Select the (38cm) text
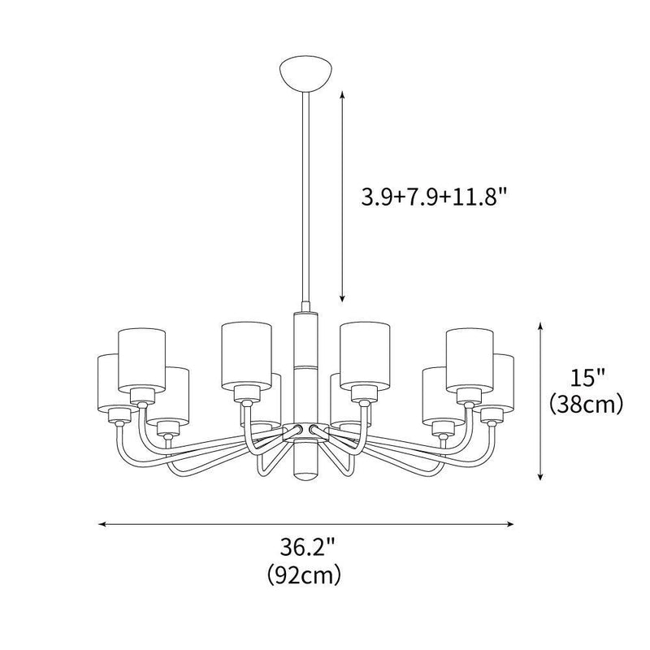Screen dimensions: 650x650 587,403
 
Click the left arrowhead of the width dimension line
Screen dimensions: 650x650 102,524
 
